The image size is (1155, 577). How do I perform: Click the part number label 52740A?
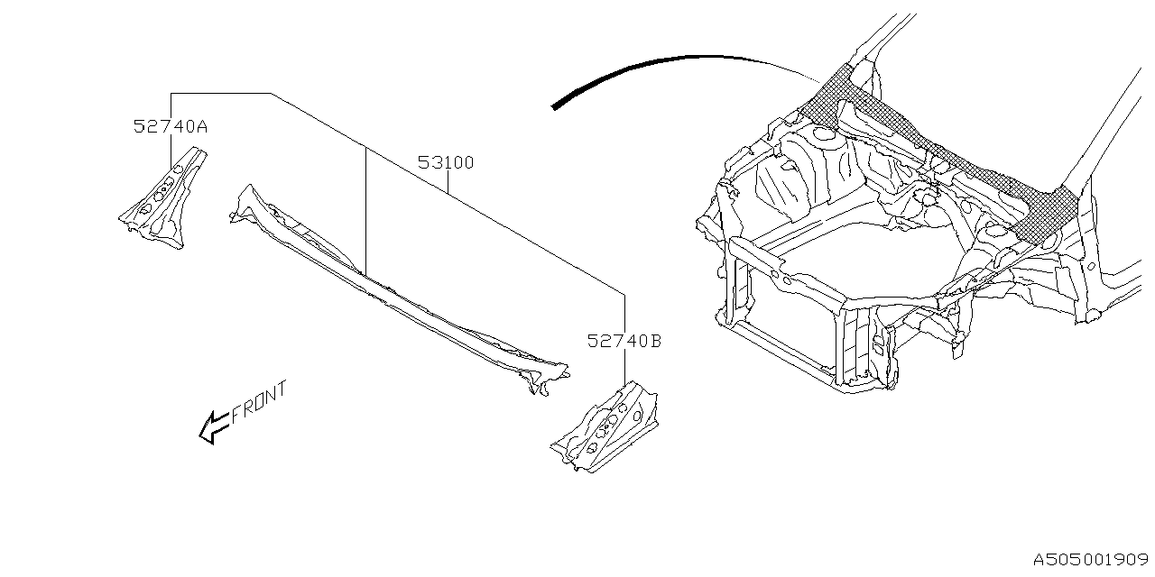[171, 126]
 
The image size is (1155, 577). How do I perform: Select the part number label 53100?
[446, 163]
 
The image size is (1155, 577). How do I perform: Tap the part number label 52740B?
[624, 341]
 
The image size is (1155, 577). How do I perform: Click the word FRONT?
[259, 403]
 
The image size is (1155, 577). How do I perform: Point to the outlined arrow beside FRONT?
[214, 427]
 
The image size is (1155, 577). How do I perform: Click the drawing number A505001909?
[1091, 560]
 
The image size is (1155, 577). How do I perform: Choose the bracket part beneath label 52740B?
[605, 428]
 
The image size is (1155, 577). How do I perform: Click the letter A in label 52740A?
[201, 127]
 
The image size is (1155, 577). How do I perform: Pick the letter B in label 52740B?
[655, 341]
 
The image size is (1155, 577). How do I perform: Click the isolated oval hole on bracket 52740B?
[638, 416]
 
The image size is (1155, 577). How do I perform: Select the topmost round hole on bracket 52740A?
[178, 169]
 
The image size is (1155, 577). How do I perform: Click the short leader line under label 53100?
[448, 182]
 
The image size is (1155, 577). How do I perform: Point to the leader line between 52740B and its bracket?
[625, 367]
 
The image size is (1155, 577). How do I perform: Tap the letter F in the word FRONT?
[237, 414]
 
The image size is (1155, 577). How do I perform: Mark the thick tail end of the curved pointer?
[554, 107]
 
